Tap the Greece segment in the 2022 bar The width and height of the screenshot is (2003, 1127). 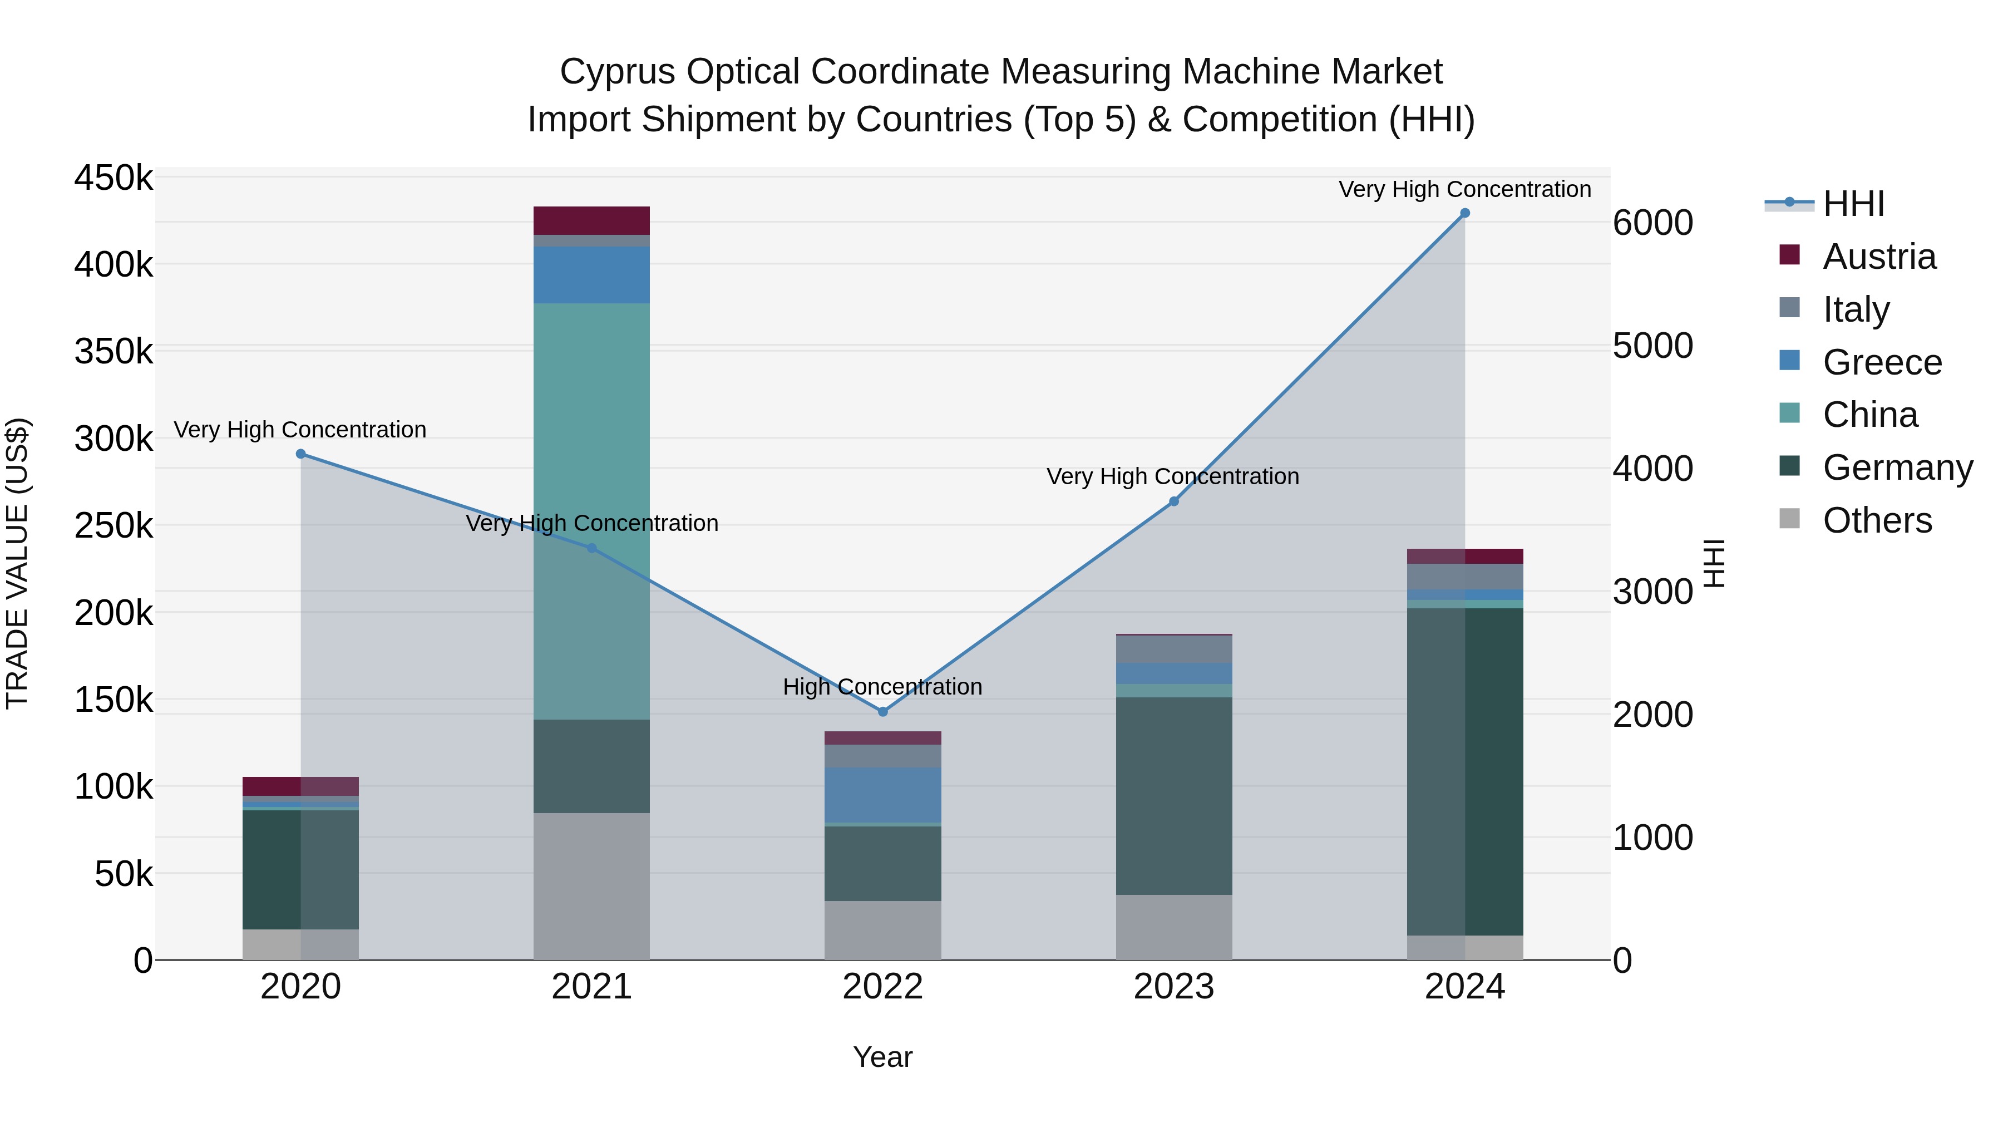tap(882, 794)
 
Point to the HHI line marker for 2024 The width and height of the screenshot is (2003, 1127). tap(1465, 213)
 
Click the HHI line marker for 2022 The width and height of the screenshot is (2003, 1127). tap(882, 712)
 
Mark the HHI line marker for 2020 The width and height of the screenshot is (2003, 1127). tap(301, 454)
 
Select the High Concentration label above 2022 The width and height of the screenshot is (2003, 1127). tap(882, 687)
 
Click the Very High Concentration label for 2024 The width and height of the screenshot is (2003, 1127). tap(1465, 189)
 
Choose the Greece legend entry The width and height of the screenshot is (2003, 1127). tap(1882, 362)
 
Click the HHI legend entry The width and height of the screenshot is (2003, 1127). tap(1853, 204)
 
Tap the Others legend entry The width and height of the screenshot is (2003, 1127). tap(1877, 520)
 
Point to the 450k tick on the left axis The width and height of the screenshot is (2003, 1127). tap(114, 178)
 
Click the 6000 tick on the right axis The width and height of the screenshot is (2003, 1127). tap(1653, 223)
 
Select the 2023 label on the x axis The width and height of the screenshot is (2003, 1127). tap(1173, 987)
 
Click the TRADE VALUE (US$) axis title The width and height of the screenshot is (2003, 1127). tap(17, 563)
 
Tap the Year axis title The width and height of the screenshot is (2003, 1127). tap(882, 1057)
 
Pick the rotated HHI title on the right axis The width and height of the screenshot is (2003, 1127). tap(1714, 563)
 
